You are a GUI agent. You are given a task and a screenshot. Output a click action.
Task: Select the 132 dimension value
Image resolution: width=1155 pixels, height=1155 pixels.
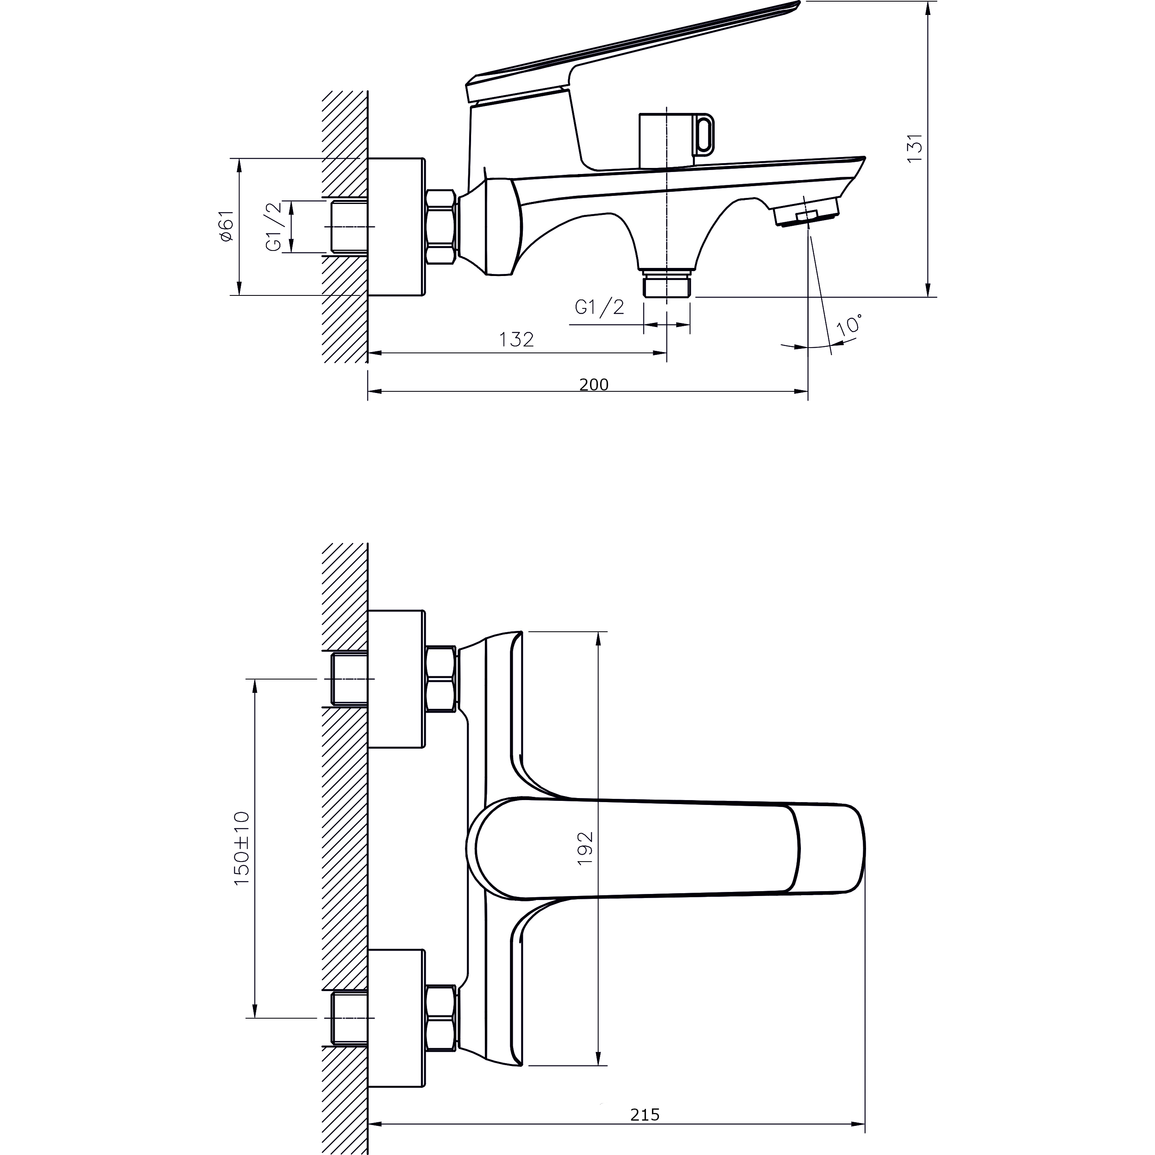tap(516, 340)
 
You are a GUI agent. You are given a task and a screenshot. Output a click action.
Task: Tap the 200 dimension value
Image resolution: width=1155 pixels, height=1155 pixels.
tap(594, 384)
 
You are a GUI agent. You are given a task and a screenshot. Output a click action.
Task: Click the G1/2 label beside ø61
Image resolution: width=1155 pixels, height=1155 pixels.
tap(274, 227)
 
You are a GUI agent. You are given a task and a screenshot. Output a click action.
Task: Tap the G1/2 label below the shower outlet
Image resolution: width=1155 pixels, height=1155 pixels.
tap(600, 307)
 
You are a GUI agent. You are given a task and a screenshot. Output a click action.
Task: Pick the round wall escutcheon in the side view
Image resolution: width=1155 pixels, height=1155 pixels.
tap(396, 227)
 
